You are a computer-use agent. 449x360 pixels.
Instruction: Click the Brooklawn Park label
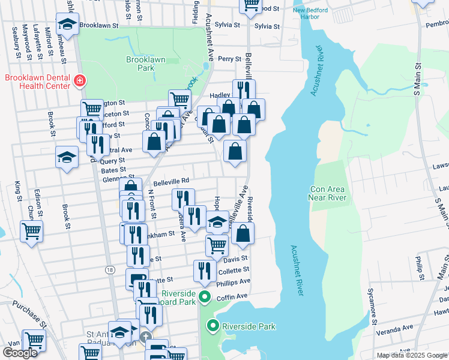[140, 64]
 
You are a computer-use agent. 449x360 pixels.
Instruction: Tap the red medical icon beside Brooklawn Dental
[79, 81]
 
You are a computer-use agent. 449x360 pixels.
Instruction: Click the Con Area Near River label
[328, 193]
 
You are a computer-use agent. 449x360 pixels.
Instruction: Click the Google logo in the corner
[20, 352]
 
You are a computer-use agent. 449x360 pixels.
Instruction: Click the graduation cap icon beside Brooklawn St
[67, 24]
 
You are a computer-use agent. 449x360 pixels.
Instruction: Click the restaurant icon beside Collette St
[205, 270]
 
